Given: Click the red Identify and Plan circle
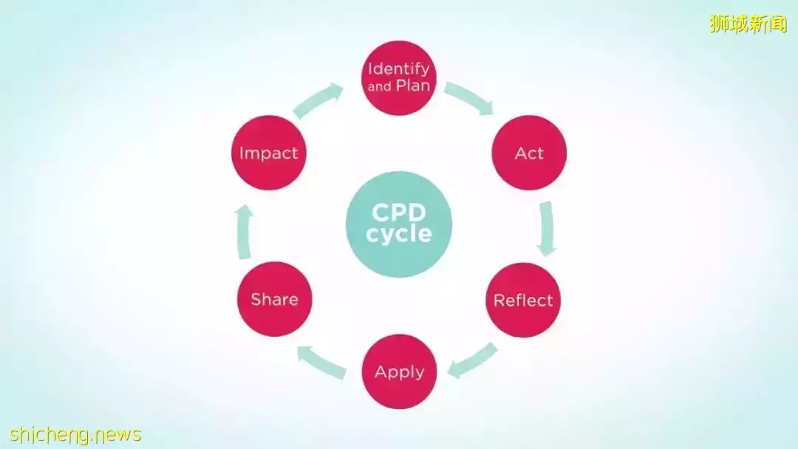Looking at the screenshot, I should [x=399, y=78].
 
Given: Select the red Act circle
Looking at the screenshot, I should [x=529, y=153].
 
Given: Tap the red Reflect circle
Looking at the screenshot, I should [x=523, y=300].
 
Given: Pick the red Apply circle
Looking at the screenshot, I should [x=399, y=371].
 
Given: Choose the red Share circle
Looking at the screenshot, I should [x=274, y=299].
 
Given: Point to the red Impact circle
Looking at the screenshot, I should [x=268, y=153].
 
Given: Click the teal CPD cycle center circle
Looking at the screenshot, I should [x=399, y=224].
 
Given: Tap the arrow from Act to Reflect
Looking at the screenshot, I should [x=547, y=228].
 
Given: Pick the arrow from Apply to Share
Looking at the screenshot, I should [x=321, y=360].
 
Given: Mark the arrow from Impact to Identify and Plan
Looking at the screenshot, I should [x=318, y=101].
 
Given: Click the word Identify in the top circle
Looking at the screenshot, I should [x=399, y=69].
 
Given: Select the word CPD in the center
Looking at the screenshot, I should [x=399, y=213].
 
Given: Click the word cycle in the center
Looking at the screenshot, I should [x=399, y=235].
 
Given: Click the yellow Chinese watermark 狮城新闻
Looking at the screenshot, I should [x=748, y=24].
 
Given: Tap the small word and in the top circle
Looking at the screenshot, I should [x=380, y=86].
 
